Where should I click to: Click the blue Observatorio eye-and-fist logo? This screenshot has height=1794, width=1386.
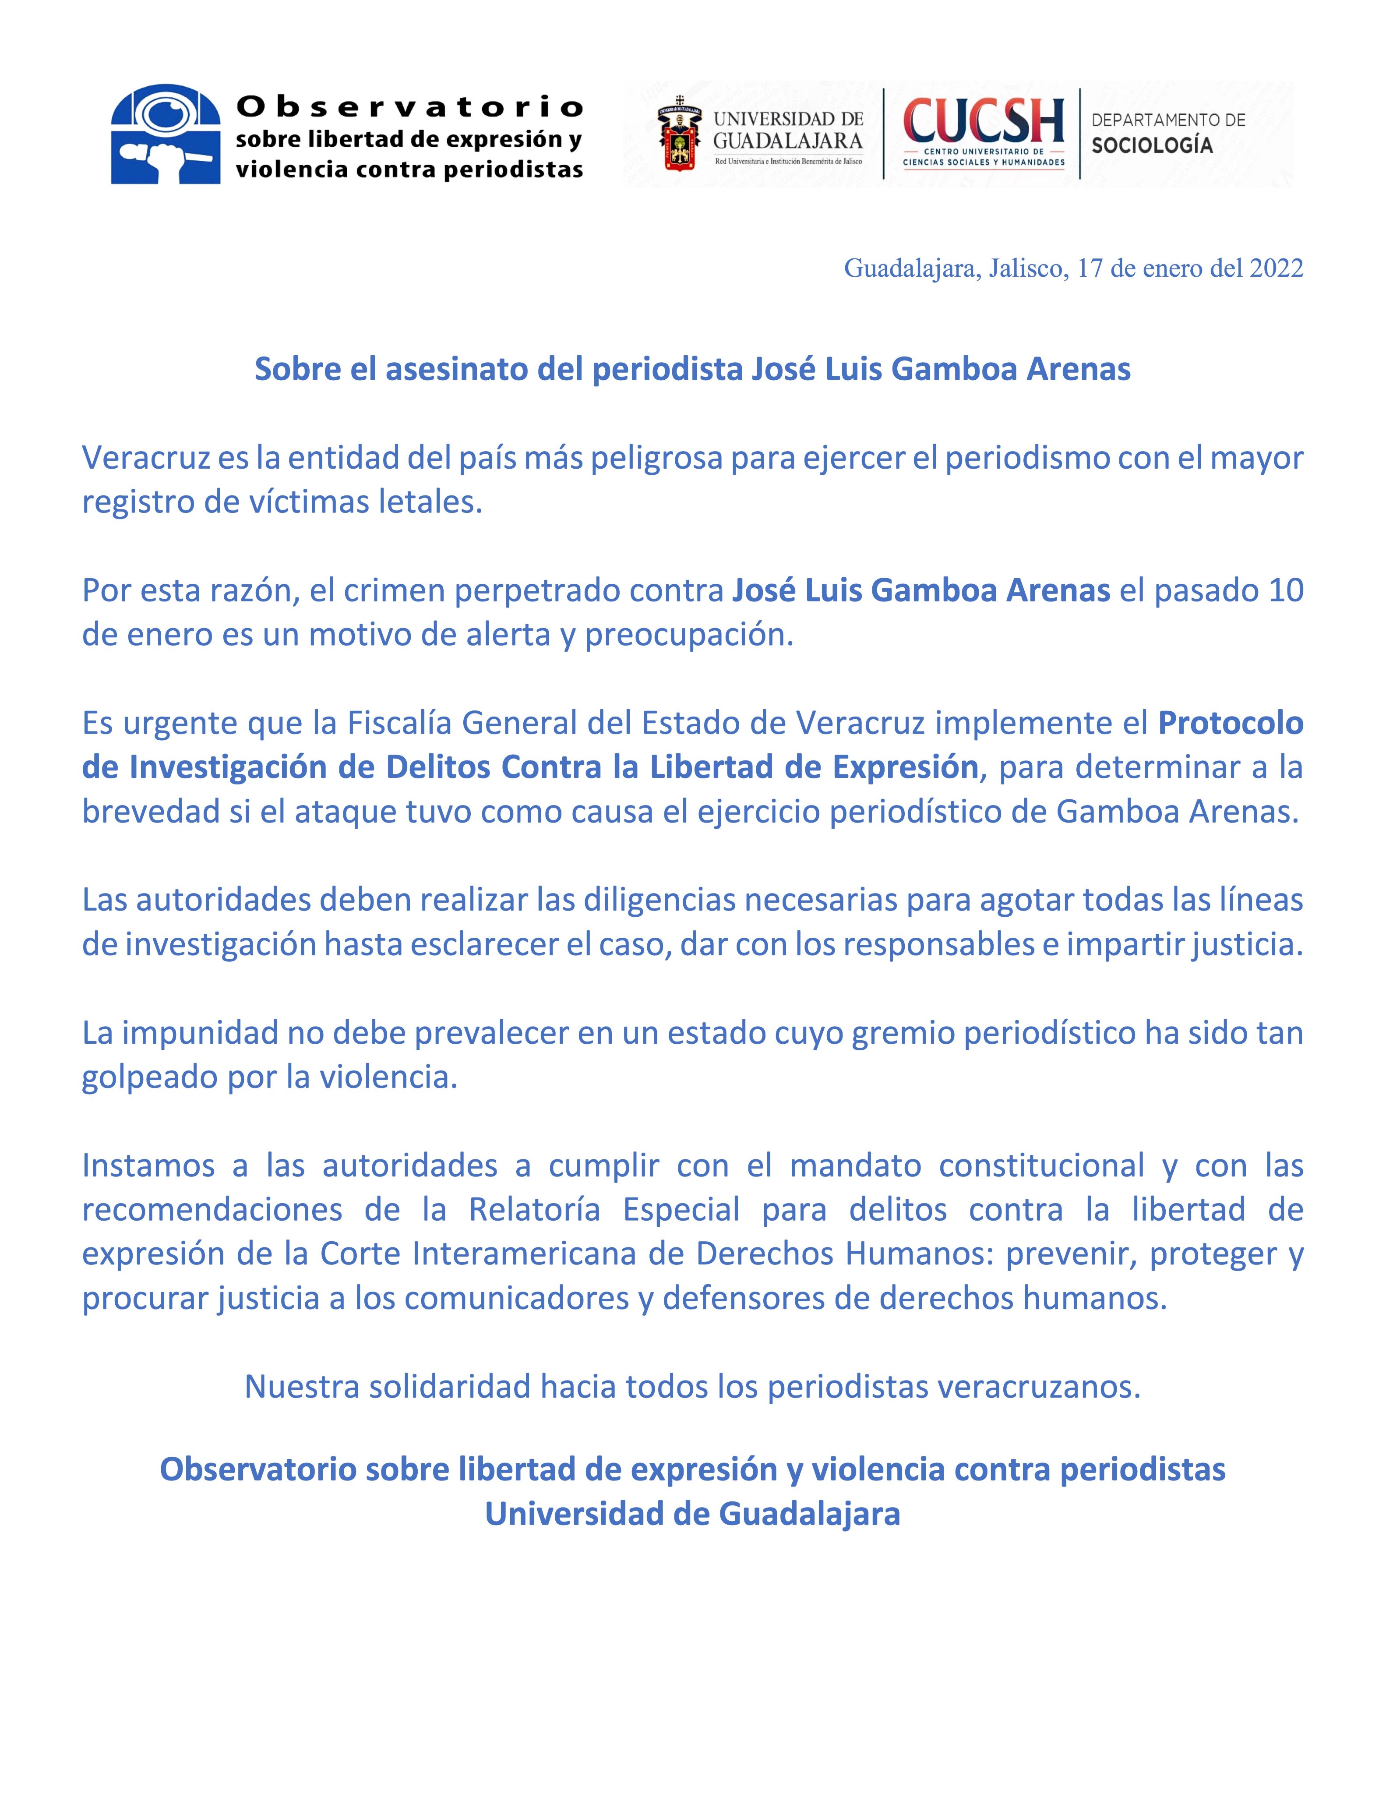[x=166, y=134]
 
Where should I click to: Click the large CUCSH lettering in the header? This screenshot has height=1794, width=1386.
[x=983, y=122]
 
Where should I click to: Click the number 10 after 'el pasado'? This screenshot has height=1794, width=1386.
[x=1285, y=590]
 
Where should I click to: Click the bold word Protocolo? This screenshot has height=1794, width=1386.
[x=1230, y=723]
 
